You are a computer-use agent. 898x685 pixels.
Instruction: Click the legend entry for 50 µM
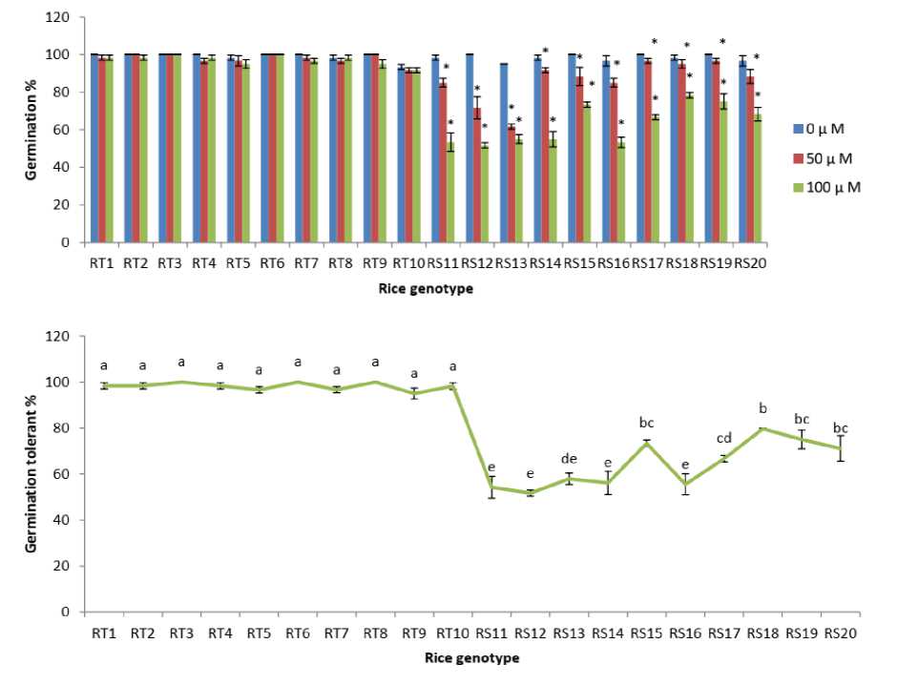(x=826, y=156)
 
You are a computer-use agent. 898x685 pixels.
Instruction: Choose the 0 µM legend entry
(x=826, y=127)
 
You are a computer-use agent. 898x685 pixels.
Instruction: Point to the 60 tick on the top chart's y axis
(x=63, y=130)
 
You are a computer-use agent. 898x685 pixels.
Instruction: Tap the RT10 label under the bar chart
(x=409, y=263)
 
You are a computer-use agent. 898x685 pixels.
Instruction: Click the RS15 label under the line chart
(x=647, y=633)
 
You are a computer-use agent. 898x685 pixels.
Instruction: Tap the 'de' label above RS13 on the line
(x=568, y=458)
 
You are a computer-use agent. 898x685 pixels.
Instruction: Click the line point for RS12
(x=530, y=492)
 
